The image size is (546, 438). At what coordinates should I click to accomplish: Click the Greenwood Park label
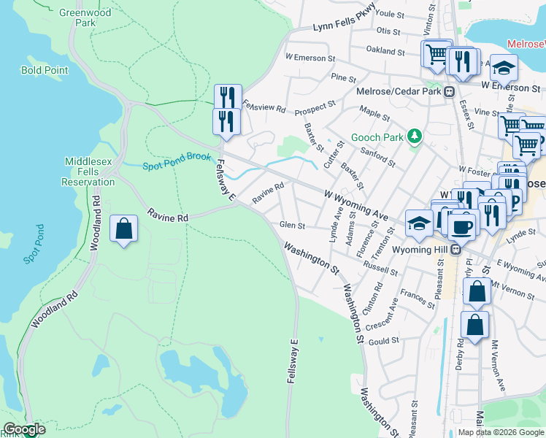(x=85, y=18)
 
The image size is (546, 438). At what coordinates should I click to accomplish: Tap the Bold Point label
(x=45, y=71)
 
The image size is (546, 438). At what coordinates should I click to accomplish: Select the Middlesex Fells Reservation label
(x=90, y=171)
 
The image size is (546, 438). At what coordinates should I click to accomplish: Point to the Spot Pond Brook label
(x=177, y=161)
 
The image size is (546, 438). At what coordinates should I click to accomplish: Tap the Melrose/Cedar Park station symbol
(x=449, y=92)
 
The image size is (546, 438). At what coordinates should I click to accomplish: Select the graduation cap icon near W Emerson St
(x=504, y=68)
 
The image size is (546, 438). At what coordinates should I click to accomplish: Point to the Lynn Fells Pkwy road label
(x=344, y=27)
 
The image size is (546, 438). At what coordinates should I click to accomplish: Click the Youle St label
(x=390, y=14)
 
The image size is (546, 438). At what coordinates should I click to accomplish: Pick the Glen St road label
(x=292, y=226)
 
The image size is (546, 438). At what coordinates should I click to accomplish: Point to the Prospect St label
(x=315, y=109)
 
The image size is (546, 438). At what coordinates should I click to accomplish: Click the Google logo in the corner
(x=24, y=429)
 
